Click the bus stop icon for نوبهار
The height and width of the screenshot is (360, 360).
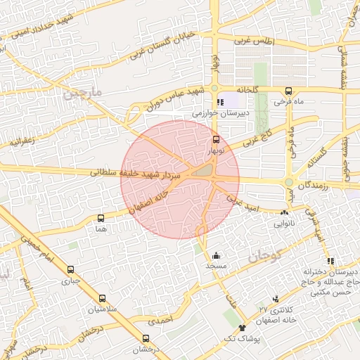click(x=216, y=139)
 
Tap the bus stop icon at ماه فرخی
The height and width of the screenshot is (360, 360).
click(x=288, y=91)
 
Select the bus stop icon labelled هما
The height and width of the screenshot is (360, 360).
click(x=101, y=218)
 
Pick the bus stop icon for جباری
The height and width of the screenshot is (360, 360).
click(x=70, y=269)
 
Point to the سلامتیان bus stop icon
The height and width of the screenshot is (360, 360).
click(x=103, y=298)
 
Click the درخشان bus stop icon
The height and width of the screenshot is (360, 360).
click(x=146, y=338)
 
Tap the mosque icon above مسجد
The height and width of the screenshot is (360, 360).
click(x=216, y=255)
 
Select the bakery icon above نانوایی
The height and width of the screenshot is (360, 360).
click(x=285, y=212)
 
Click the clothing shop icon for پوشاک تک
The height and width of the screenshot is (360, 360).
click(x=243, y=328)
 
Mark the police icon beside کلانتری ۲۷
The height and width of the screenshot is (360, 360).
click(x=276, y=299)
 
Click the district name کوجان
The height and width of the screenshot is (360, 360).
click(x=285, y=255)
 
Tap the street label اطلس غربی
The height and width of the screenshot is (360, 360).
click(x=252, y=41)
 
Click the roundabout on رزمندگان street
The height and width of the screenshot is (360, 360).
click(x=288, y=183)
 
